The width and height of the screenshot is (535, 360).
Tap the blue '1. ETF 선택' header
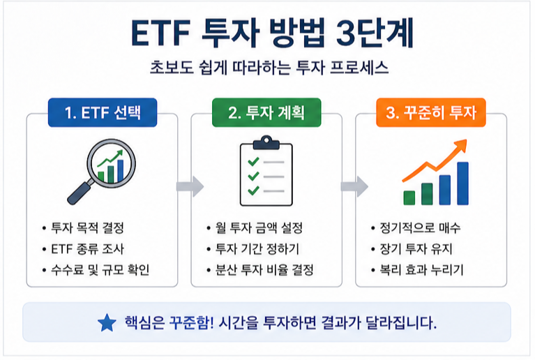coord(102,112)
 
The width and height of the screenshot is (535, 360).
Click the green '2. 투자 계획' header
coord(266,112)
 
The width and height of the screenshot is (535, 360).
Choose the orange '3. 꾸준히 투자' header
coord(431,112)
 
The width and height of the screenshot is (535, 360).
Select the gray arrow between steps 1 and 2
coord(189,186)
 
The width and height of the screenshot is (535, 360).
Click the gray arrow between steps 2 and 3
coord(354,186)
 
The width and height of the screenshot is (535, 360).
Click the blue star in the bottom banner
coord(107,322)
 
